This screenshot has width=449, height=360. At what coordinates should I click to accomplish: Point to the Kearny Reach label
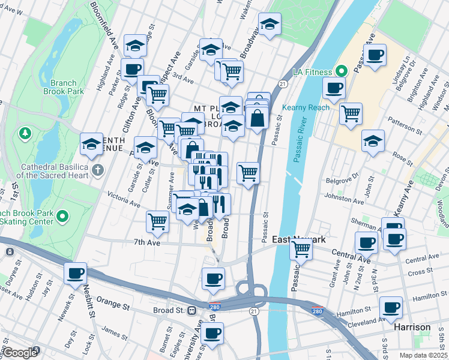310,107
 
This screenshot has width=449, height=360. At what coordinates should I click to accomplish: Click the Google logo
19,353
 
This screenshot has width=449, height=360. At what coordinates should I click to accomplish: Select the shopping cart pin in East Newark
301,247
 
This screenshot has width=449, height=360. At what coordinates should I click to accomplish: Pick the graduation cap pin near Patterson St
373,141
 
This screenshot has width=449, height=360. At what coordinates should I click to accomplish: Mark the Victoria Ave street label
122,196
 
